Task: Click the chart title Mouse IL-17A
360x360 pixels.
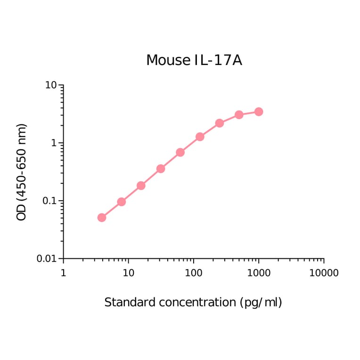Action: pos(194,60)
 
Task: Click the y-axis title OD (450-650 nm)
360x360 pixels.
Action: pos(22,172)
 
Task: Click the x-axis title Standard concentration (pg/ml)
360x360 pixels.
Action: pos(193,303)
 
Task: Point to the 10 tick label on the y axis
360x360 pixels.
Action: pos(51,85)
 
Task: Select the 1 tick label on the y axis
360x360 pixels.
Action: pos(55,143)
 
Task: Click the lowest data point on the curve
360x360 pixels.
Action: pos(102,217)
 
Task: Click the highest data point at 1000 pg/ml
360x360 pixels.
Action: pos(259,112)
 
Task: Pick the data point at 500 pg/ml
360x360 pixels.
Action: pos(239,115)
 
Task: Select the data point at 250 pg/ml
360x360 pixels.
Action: pos(219,123)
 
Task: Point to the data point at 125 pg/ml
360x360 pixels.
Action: pos(200,137)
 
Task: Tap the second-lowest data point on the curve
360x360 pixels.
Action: pos(121,202)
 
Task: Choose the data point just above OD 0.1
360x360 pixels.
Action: pos(141,186)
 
